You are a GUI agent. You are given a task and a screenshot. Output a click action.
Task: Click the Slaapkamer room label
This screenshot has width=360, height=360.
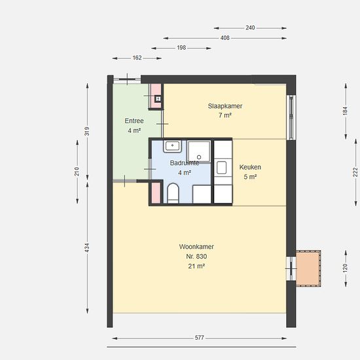click(225, 106)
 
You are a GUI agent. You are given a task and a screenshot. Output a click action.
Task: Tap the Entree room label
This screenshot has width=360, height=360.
click(134, 121)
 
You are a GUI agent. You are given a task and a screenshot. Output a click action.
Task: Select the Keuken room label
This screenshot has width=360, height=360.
click(250, 167)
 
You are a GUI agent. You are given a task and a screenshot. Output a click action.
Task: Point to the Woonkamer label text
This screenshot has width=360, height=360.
click(196, 247)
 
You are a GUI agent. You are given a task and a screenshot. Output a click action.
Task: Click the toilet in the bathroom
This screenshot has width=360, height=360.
click(173, 193)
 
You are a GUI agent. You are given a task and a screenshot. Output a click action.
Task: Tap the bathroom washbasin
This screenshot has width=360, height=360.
click(172, 146)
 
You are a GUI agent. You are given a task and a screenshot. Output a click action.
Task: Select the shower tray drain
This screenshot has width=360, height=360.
click(199, 157)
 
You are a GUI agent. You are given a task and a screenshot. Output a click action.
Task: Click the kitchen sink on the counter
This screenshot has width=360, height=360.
click(221, 168)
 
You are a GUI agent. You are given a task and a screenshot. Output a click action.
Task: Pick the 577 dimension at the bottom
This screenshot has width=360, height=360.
click(199, 338)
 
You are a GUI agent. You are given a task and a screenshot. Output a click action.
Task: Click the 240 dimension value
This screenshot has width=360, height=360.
click(250, 27)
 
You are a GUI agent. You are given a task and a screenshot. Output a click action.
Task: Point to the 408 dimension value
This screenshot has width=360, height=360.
click(225, 38)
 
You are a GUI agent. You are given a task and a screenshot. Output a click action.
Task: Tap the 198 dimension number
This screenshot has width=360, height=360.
click(181, 48)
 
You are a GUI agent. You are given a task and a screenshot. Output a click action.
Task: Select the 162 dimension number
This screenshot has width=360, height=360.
click(137, 58)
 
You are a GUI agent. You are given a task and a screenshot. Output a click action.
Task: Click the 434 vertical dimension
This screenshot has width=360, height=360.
click(87, 248)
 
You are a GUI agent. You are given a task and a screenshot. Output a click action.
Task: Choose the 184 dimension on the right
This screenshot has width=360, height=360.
click(346, 111)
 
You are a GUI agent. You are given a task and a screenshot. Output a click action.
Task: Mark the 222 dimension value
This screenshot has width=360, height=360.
click(355, 172)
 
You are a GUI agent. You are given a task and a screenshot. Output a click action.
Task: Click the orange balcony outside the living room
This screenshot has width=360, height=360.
click(308, 268)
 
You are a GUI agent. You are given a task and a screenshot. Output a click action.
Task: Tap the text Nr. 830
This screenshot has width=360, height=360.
click(196, 256)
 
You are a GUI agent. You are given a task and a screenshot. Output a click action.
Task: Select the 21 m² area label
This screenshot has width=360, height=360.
click(196, 266)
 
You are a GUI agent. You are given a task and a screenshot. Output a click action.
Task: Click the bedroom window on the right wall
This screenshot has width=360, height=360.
click(291, 117)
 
